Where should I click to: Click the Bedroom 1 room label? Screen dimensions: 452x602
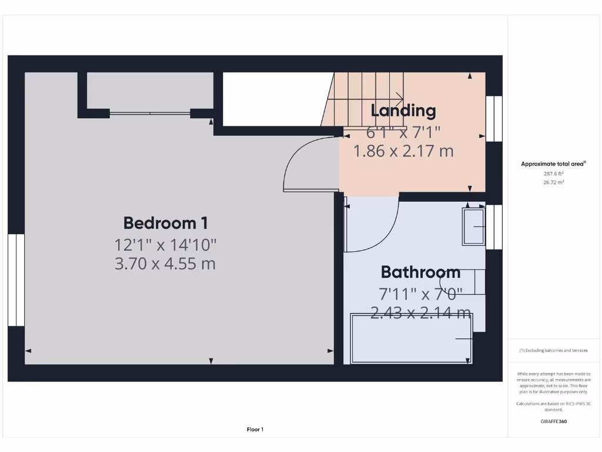click(x=165, y=223)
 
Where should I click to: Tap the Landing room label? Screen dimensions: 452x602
click(x=403, y=110)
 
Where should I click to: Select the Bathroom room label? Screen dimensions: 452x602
click(x=420, y=272)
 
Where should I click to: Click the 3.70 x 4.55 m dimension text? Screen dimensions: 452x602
click(x=165, y=263)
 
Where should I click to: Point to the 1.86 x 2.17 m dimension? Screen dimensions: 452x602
click(x=403, y=151)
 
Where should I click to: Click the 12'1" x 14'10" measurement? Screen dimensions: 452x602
click(x=165, y=244)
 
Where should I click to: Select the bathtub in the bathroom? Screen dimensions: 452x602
click(x=412, y=338)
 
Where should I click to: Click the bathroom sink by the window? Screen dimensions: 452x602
click(x=473, y=227)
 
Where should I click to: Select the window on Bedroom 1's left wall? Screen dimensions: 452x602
click(x=16, y=280)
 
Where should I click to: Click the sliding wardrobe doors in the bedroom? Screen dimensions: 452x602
click(x=150, y=113)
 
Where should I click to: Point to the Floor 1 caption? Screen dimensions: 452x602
click(x=255, y=430)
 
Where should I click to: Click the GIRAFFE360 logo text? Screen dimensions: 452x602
click(x=553, y=421)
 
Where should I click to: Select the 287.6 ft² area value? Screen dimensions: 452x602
click(x=553, y=174)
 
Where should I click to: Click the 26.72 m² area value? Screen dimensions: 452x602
click(x=553, y=182)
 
